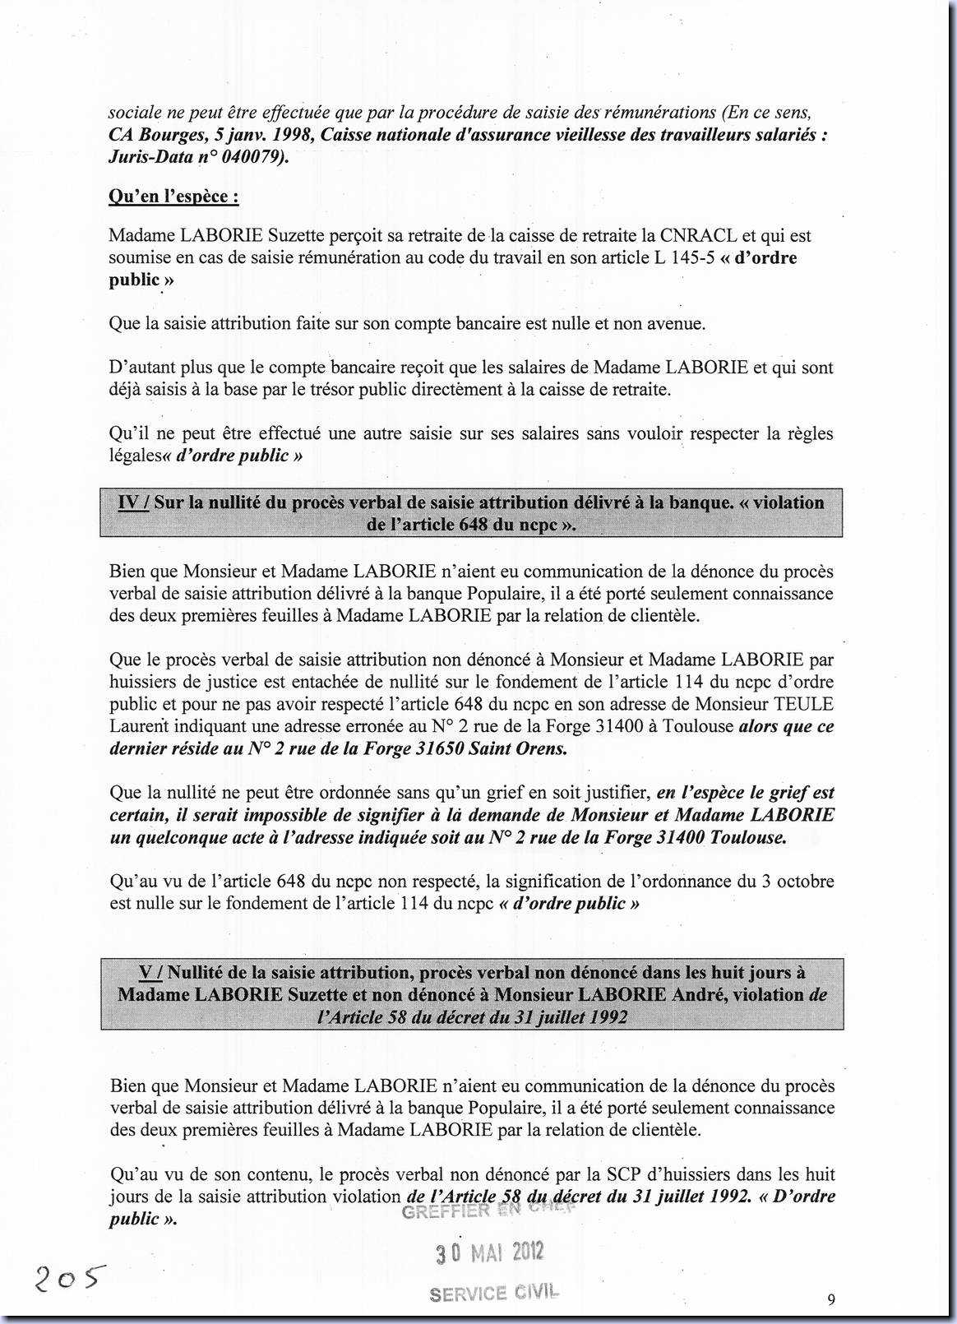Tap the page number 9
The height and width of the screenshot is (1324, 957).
click(x=831, y=1299)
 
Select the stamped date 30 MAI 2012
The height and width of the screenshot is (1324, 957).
click(x=489, y=1252)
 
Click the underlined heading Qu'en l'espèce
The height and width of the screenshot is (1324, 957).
click(x=173, y=197)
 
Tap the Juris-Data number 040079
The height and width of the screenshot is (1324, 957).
click(x=252, y=156)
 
